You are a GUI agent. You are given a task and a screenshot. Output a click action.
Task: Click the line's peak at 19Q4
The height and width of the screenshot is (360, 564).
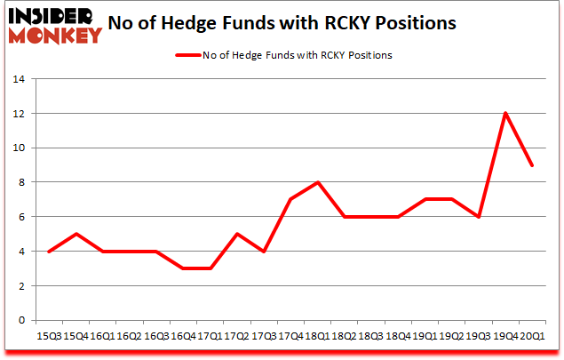(x=504, y=113)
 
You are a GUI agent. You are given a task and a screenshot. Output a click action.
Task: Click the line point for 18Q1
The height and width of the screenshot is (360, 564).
(x=318, y=182)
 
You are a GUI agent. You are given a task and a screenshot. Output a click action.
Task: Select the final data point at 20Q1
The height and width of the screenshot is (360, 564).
(x=531, y=164)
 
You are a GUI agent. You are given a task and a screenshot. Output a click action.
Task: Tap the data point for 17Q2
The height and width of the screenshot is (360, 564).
(x=238, y=234)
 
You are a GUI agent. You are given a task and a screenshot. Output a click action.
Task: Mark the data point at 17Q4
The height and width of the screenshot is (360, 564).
(x=291, y=199)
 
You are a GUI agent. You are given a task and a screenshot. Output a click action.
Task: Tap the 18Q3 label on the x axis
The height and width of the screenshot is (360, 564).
(x=371, y=336)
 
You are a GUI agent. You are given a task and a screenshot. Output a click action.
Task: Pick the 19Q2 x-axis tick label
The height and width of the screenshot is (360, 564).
(x=451, y=336)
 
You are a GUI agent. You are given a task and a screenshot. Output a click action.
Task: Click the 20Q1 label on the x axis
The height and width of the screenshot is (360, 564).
(x=531, y=336)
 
